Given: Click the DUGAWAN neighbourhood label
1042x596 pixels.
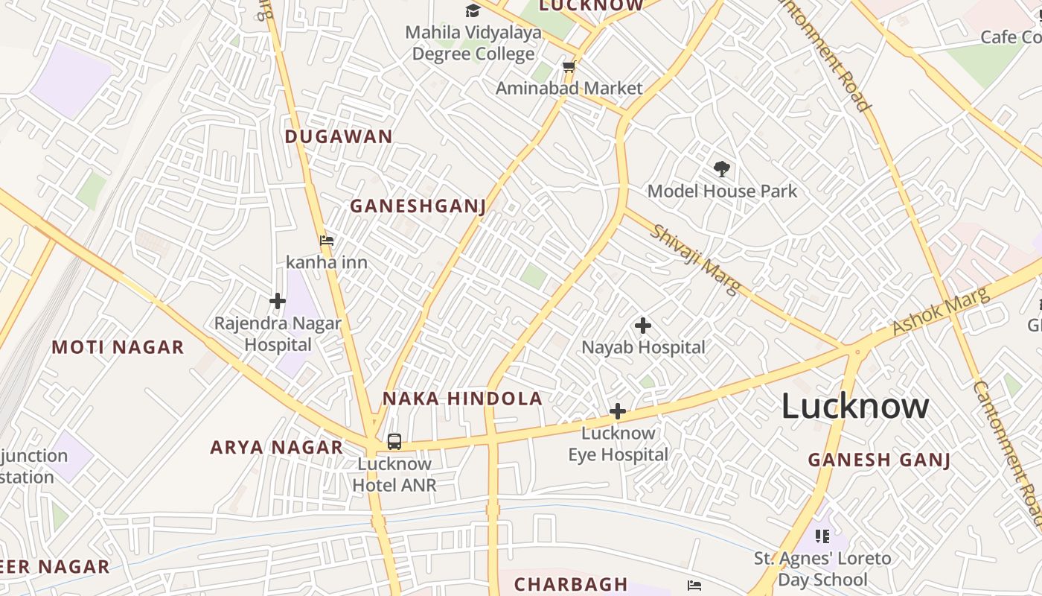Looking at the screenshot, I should tap(339, 136).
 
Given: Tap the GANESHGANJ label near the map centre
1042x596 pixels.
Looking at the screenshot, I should tap(418, 206).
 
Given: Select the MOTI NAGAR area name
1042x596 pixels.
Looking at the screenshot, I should tap(118, 347).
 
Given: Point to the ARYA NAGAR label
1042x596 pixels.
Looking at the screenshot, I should tap(276, 447).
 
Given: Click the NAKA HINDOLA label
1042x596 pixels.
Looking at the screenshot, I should tap(462, 399).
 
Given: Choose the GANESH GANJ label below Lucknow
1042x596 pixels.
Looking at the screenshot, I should tap(879, 460).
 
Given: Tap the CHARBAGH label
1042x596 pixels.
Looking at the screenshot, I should tap(571, 584).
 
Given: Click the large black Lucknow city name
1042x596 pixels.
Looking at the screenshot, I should tap(854, 407).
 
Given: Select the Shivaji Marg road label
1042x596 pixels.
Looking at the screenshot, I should tap(695, 259).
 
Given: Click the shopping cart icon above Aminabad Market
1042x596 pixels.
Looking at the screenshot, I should tap(569, 67).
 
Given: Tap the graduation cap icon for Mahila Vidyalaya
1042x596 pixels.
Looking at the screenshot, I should tap(473, 10).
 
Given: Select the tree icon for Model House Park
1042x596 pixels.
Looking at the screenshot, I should tap(721, 168).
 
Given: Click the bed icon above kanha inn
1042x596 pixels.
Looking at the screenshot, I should tap(327, 241).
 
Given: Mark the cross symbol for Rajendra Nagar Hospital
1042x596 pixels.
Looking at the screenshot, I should tap(278, 301).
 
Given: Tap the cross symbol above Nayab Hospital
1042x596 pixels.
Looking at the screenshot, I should tap(643, 326).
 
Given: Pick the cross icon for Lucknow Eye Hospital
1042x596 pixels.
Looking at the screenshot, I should tap(617, 411).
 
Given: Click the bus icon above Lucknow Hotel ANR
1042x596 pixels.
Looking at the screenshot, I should tap(394, 442).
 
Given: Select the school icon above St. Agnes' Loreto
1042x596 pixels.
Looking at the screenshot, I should tap(822, 536).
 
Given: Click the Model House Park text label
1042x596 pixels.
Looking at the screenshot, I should tap(722, 191).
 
